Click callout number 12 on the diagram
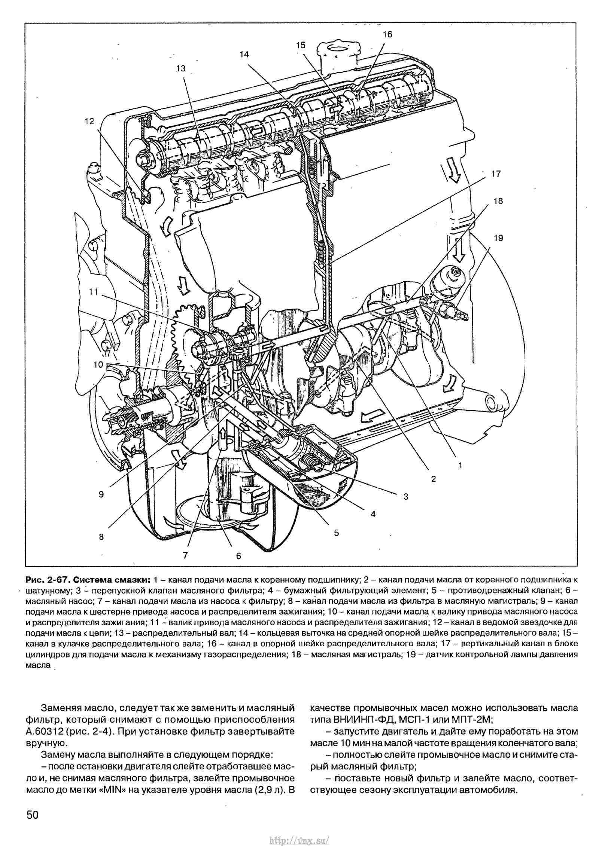[x=90, y=122]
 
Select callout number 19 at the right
[x=498, y=238]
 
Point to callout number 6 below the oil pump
[x=238, y=556]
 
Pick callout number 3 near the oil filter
[x=406, y=497]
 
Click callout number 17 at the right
[x=496, y=174]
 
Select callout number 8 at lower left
[x=101, y=536]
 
